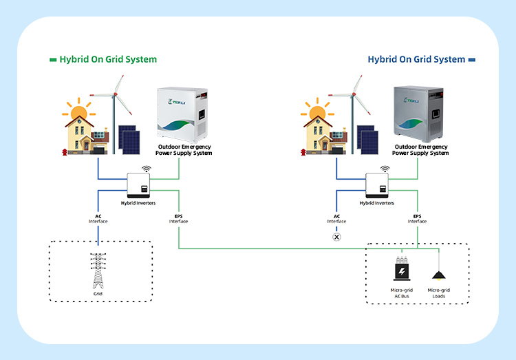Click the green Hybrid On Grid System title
tap(109, 59)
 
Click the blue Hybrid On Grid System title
tap(416, 59)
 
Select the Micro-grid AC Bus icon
tap(401, 272)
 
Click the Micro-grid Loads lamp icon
tap(438, 275)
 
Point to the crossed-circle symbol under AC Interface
tap(336, 237)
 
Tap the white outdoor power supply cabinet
tap(184, 114)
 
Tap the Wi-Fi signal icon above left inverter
tap(146, 169)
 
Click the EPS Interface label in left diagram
tap(179, 218)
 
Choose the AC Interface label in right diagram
tap(336, 218)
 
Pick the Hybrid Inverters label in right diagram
tap(377, 204)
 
